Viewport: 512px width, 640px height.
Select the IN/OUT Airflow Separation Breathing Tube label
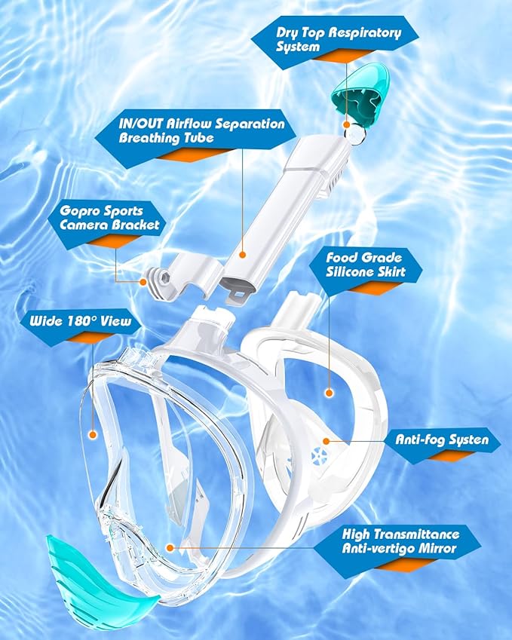(201, 130)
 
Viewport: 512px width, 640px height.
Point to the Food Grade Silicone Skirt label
(370, 265)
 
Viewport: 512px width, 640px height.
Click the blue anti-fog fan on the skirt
(317, 455)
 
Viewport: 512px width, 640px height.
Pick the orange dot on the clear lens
(92, 435)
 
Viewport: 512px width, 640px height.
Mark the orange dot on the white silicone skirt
(329, 392)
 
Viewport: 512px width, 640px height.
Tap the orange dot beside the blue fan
(326, 440)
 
